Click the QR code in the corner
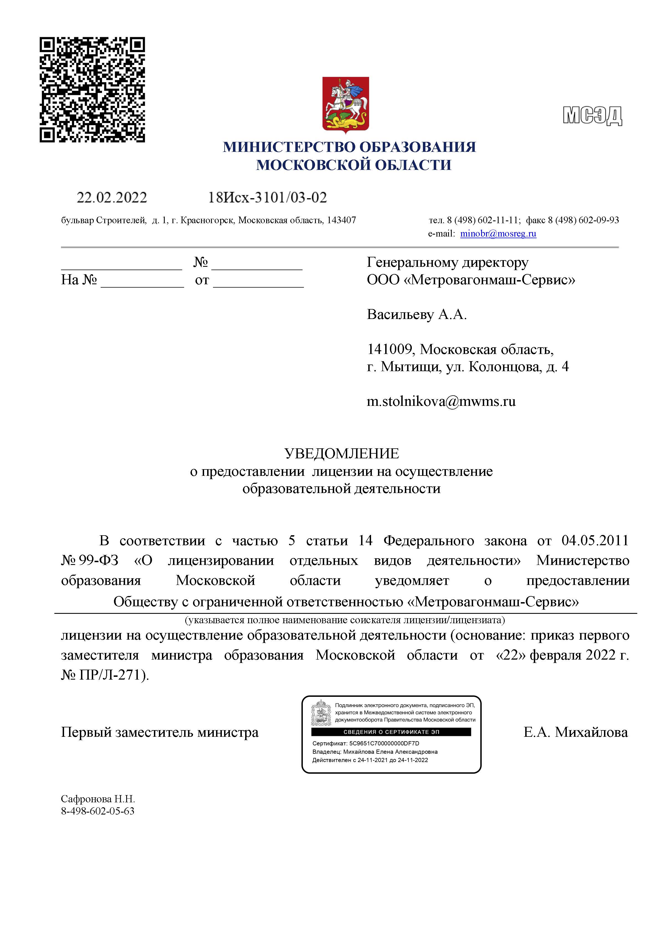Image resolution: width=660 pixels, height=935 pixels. pos(92,90)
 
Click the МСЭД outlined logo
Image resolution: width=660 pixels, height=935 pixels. pos(592,116)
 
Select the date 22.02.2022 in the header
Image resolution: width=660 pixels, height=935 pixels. pos(112,198)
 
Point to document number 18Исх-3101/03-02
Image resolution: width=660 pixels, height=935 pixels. pos(267,198)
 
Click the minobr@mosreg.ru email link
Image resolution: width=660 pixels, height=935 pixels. pos(498,234)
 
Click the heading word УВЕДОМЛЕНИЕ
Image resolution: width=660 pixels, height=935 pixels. pos(341,454)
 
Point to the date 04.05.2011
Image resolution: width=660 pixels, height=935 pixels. pos(595,541)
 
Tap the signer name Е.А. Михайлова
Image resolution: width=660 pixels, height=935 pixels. pos(575,732)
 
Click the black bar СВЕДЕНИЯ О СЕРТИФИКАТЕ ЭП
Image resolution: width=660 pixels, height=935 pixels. pos(391,732)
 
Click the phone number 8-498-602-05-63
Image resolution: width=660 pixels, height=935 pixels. pos(98,811)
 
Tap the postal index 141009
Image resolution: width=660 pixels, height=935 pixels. pos(390,349)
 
